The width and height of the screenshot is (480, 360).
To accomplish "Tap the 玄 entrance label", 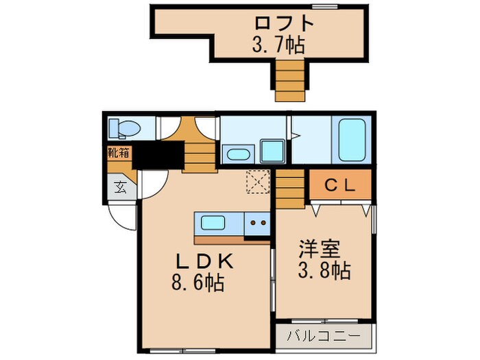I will point(120,186).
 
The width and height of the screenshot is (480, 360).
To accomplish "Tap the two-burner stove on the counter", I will point(259,222).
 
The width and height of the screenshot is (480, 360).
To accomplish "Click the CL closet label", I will point(338,184).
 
